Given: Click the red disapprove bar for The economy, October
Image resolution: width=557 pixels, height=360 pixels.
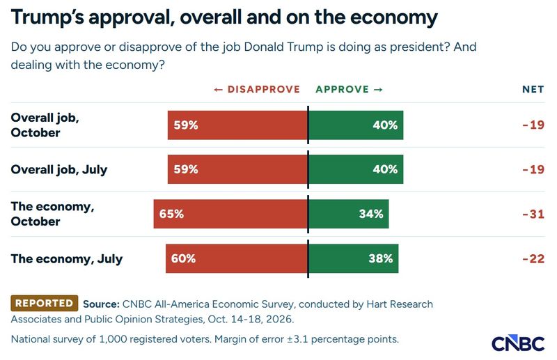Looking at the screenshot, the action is pyautogui.click(x=230, y=214).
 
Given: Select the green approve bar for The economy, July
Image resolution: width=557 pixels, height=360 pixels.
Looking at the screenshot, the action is pyautogui.click(x=354, y=258).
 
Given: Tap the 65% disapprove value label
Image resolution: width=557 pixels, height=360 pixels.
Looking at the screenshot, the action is pyautogui.click(x=171, y=214).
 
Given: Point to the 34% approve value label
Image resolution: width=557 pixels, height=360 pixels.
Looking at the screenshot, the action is pyautogui.click(x=371, y=214).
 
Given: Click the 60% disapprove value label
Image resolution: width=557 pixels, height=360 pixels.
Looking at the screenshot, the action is pyautogui.click(x=183, y=258).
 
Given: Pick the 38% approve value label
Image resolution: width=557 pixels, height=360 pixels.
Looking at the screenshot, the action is pyautogui.click(x=380, y=258).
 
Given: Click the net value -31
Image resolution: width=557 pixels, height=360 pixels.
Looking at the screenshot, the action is pyautogui.click(x=533, y=214).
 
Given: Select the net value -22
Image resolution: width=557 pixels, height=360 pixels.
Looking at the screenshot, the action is pyautogui.click(x=533, y=258).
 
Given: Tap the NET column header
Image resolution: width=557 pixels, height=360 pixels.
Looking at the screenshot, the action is pyautogui.click(x=533, y=89).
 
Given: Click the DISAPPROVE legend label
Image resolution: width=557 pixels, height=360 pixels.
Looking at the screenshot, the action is pyautogui.click(x=264, y=89).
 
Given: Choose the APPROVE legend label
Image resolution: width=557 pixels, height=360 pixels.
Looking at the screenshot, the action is pyautogui.click(x=342, y=89).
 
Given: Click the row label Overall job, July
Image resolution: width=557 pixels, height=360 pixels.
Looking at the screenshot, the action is pyautogui.click(x=59, y=169).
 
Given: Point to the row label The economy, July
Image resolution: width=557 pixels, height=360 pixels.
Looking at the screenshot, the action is pyautogui.click(x=67, y=259).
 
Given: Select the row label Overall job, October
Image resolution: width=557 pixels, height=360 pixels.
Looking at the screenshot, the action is pyautogui.click(x=45, y=125).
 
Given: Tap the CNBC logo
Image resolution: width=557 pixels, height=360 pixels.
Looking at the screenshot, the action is pyautogui.click(x=518, y=343).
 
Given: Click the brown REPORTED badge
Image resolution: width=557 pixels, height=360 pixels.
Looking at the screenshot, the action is pyautogui.click(x=45, y=303).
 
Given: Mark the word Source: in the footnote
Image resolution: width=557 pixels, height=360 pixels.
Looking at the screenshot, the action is pyautogui.click(x=101, y=304).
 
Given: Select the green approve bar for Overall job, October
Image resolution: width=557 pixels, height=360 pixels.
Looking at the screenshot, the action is pyautogui.click(x=356, y=125).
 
